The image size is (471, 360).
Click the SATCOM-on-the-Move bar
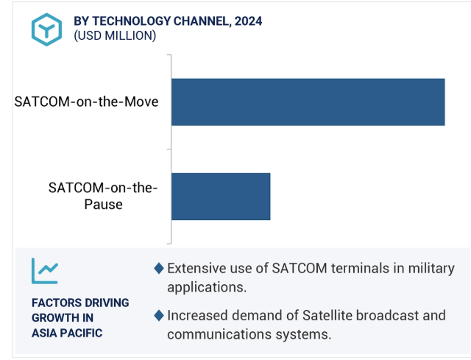click(308, 102)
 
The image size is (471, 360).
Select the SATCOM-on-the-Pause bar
click(221, 197)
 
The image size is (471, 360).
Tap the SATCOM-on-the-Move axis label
click(86, 102)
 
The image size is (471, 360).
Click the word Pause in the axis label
click(103, 205)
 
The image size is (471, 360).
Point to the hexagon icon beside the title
click(46, 29)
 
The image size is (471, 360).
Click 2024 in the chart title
click(248, 21)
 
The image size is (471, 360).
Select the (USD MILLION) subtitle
click(115, 36)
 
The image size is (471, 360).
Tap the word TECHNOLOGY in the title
click(132, 21)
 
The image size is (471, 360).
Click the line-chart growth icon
click(45, 271)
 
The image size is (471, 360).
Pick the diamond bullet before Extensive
click(159, 268)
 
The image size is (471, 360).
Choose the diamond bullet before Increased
click(159, 316)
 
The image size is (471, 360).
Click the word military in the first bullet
click(431, 269)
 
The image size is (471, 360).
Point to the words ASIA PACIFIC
click(67, 333)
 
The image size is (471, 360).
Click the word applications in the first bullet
click(207, 288)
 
